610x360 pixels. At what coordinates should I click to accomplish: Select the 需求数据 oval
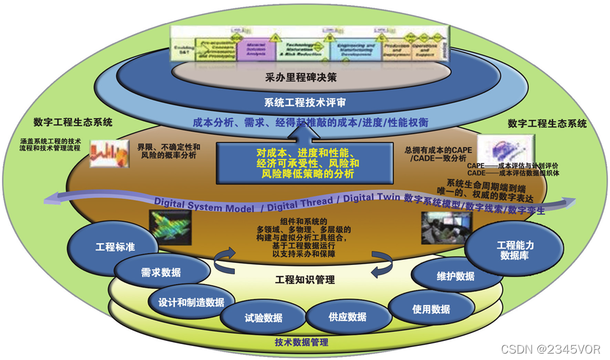pos(152,273)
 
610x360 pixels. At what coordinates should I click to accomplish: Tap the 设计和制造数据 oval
pos(191,302)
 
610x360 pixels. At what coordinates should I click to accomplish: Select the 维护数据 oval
pos(456,276)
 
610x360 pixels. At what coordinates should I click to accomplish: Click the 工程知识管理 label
pos(305,280)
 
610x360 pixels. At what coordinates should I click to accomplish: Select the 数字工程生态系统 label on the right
pos(546,123)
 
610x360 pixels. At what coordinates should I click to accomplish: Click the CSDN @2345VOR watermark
pos(550,349)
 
